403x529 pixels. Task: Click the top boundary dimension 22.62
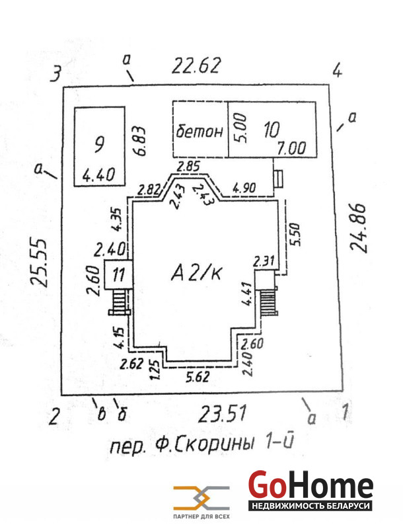coord(196,65)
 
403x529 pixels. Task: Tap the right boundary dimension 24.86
coord(359,228)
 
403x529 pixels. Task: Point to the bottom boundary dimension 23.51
coord(222,414)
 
